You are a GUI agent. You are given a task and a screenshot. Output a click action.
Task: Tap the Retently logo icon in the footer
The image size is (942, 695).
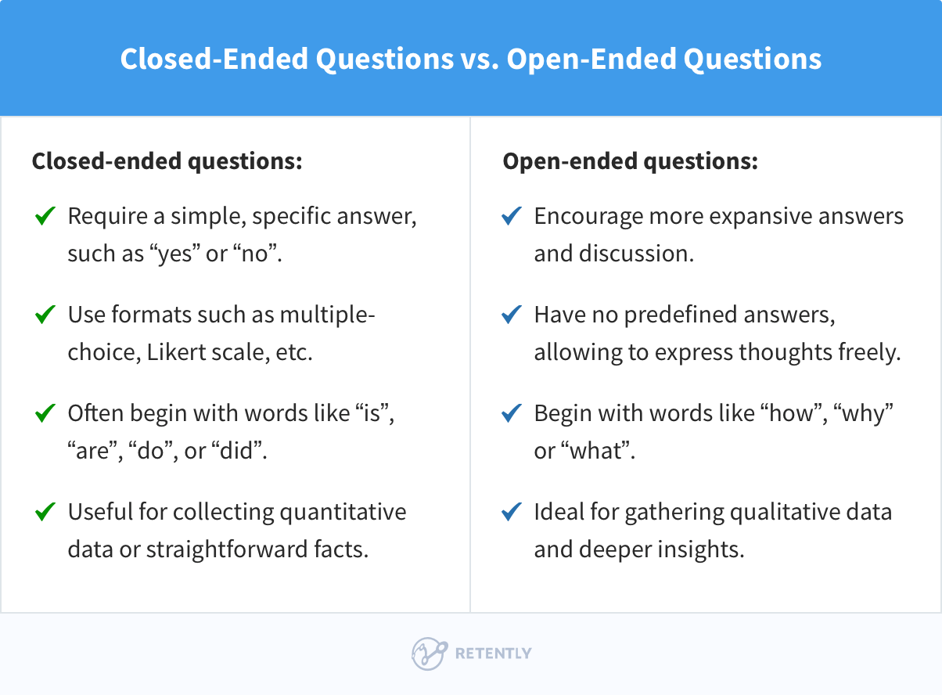(429, 654)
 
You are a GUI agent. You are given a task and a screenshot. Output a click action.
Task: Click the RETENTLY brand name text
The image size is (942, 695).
(493, 654)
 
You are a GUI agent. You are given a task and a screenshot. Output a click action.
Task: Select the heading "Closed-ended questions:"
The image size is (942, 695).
(167, 162)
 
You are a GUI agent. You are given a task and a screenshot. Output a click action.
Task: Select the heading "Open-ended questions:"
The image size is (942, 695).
(630, 162)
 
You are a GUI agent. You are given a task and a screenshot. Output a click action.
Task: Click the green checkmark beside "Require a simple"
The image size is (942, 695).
(45, 216)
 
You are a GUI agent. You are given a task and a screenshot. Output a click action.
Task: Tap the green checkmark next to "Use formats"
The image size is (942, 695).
(45, 315)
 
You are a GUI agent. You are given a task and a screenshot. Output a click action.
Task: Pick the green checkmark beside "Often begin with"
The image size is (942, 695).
(45, 412)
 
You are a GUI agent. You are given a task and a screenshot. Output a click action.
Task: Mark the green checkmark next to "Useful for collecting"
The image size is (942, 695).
(45, 511)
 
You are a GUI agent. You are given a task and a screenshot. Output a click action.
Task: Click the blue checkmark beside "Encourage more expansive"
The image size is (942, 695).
(512, 216)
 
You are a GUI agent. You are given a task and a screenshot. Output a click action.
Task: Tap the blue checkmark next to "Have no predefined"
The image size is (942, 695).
(512, 315)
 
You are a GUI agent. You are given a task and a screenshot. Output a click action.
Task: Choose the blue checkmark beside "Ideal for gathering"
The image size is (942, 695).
(512, 511)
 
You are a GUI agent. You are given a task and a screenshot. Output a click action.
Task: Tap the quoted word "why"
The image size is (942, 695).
(865, 413)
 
